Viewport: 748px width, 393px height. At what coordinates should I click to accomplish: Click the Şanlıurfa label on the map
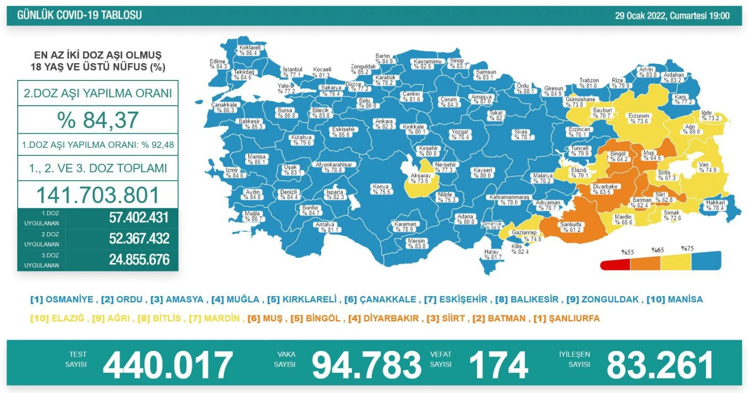571,227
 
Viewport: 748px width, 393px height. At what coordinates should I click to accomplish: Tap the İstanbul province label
293,72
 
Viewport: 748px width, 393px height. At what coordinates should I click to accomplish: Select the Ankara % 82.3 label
384,124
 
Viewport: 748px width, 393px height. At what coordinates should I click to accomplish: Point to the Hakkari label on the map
715,205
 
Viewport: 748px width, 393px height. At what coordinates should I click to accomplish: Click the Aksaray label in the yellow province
420,178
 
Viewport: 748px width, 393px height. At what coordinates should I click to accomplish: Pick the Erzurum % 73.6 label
639,118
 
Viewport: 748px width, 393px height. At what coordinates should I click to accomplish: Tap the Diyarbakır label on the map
605,189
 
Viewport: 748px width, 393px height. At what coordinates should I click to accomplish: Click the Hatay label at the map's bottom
492,255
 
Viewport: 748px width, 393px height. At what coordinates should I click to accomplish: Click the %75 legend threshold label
687,248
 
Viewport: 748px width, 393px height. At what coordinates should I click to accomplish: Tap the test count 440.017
168,365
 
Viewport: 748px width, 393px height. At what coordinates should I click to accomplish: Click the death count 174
498,365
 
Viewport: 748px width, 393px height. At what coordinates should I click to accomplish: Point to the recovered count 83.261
660,365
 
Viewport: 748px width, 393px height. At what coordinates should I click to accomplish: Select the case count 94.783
367,365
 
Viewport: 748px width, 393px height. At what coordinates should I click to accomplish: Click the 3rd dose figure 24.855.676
139,260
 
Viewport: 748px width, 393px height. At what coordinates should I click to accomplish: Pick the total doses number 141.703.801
98,195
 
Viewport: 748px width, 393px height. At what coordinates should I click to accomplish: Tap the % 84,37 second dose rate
98,120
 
